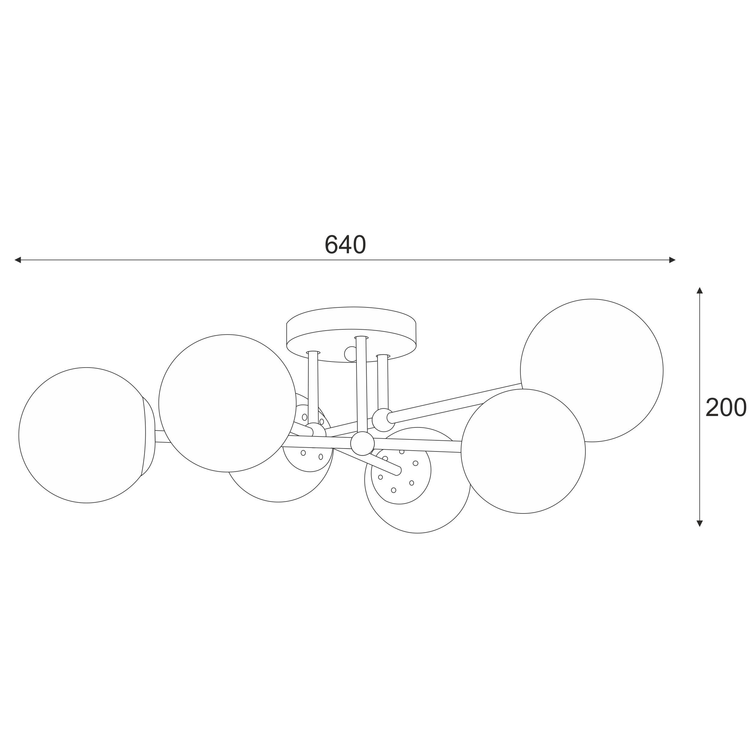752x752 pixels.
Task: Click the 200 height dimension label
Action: click(x=726, y=408)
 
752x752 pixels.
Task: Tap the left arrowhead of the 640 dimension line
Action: click(x=17, y=260)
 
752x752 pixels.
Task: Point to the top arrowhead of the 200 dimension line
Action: click(x=699, y=290)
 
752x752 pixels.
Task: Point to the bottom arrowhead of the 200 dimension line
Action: click(x=699, y=523)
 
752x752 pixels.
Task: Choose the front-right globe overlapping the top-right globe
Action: click(x=523, y=452)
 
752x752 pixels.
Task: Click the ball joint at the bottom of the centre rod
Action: click(x=362, y=443)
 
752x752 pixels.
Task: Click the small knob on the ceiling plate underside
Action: click(x=350, y=354)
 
